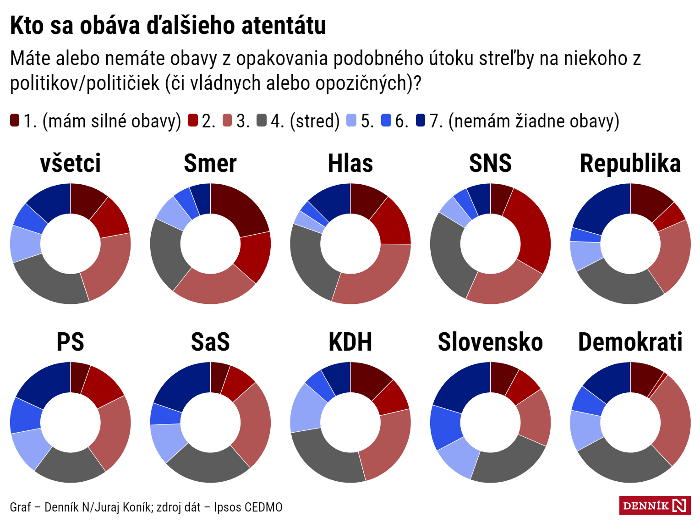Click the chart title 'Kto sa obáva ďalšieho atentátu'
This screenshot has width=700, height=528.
(168, 26)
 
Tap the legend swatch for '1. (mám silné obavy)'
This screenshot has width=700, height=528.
(15, 121)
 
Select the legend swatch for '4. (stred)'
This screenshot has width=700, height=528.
(262, 121)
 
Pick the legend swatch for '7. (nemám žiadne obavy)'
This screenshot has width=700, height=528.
(421, 121)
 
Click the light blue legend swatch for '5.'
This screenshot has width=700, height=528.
(351, 121)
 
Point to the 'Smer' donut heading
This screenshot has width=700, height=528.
(210, 164)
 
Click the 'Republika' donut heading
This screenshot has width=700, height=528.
(630, 164)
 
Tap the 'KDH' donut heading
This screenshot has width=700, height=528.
(350, 342)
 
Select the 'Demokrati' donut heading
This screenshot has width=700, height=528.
(630, 342)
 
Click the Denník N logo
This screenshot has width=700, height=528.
(655, 506)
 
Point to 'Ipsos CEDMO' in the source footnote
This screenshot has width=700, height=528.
(248, 507)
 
